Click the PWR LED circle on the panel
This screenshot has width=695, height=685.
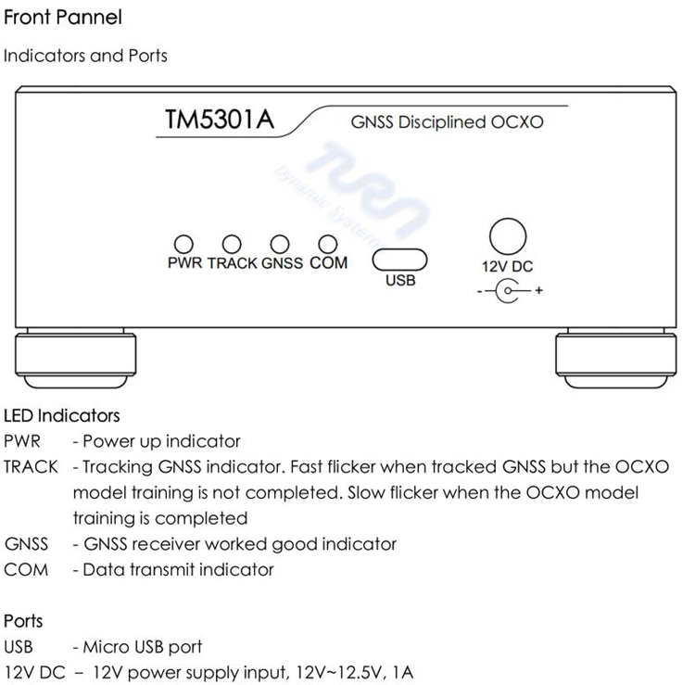tap(184, 243)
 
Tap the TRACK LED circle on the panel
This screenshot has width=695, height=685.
tap(233, 243)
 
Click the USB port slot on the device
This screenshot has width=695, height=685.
tap(399, 258)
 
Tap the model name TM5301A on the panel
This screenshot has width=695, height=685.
tap(219, 121)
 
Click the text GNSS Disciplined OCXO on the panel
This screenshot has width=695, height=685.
tap(447, 122)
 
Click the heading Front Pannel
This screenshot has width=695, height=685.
tap(63, 17)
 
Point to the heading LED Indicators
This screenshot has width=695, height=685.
tap(62, 415)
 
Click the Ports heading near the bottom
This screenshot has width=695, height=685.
tap(23, 620)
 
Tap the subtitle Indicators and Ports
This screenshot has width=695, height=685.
tap(85, 56)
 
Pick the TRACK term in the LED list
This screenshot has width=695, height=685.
tap(31, 466)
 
